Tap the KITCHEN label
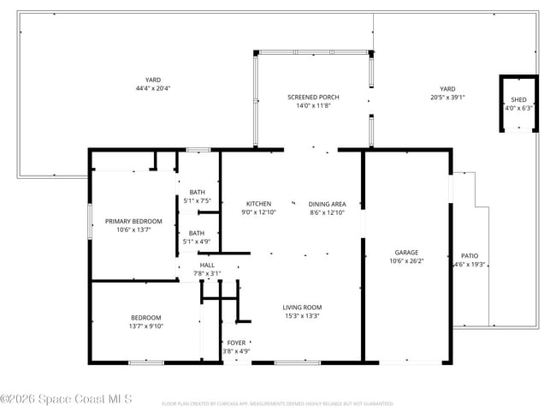pos(259,204)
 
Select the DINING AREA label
pos(327,204)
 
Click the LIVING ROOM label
pos(302,307)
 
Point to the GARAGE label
pos(406,253)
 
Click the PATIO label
pos(470,255)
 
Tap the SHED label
pos(518,100)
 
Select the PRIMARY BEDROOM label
pos(133,221)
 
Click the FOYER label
pos(236,343)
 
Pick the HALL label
pos(207,266)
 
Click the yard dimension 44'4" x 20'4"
pos(153,88)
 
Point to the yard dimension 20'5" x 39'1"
pos(447,97)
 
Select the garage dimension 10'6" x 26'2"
pos(406,262)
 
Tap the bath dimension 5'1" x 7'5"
pos(197,200)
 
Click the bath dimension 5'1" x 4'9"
pos(197,242)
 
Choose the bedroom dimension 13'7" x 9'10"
pos(145,326)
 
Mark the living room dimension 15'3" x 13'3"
pos(302,316)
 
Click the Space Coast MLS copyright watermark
pos(66,399)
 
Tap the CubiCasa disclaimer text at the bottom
pos(277,403)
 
